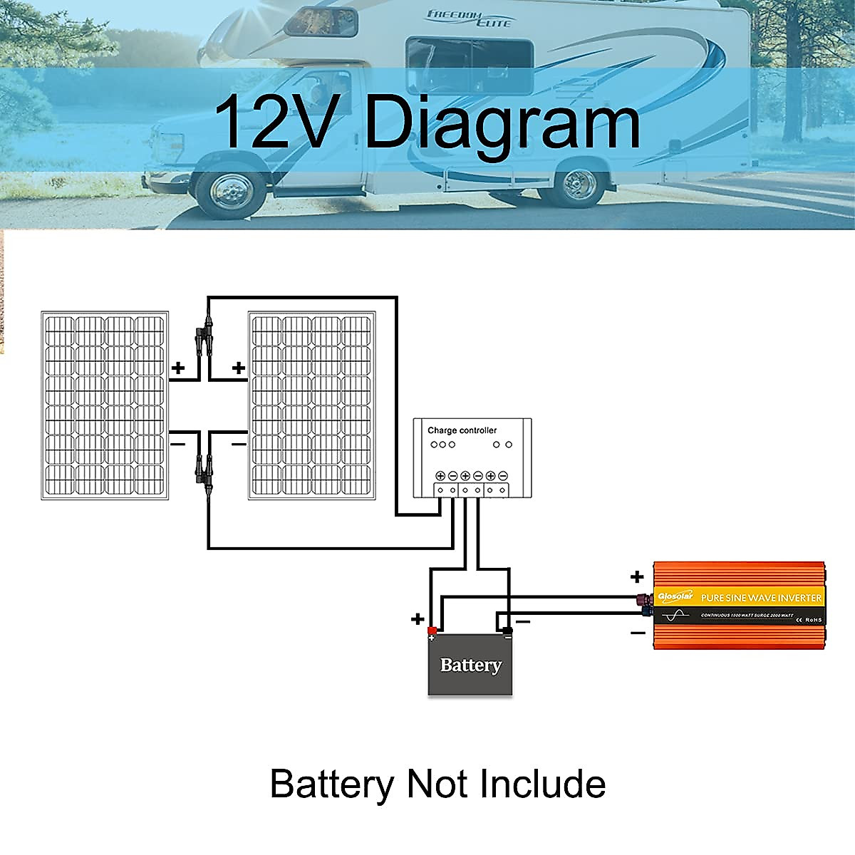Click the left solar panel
[x=105, y=405]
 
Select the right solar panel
[x=312, y=405]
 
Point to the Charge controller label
[x=462, y=430]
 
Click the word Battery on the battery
[x=470, y=665]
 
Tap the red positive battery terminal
[x=432, y=631]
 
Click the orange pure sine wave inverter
[x=740, y=605]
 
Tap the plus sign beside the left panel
[x=178, y=368]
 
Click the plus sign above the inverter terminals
[x=637, y=576]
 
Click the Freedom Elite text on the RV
[x=468, y=19]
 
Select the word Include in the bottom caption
[x=542, y=784]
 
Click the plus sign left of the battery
[x=418, y=619]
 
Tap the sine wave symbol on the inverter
[x=677, y=614]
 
